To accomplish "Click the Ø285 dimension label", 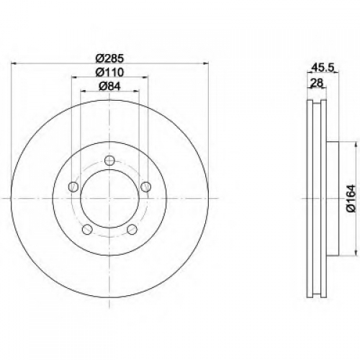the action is pyautogui.click(x=109, y=58).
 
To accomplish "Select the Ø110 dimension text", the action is pyautogui.click(x=109, y=72).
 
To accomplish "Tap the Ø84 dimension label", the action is pyautogui.click(x=109, y=86).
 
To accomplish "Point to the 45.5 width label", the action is pyautogui.click(x=323, y=68).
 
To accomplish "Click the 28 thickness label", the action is pyautogui.click(x=317, y=83).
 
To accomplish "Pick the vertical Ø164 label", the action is pyautogui.click(x=351, y=198).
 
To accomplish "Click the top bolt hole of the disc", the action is pyautogui.click(x=109, y=161).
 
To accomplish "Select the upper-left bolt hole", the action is pyautogui.click(x=73, y=186).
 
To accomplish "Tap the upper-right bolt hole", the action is pyautogui.click(x=145, y=186).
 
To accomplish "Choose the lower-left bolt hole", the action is pyautogui.click(x=87, y=230).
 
